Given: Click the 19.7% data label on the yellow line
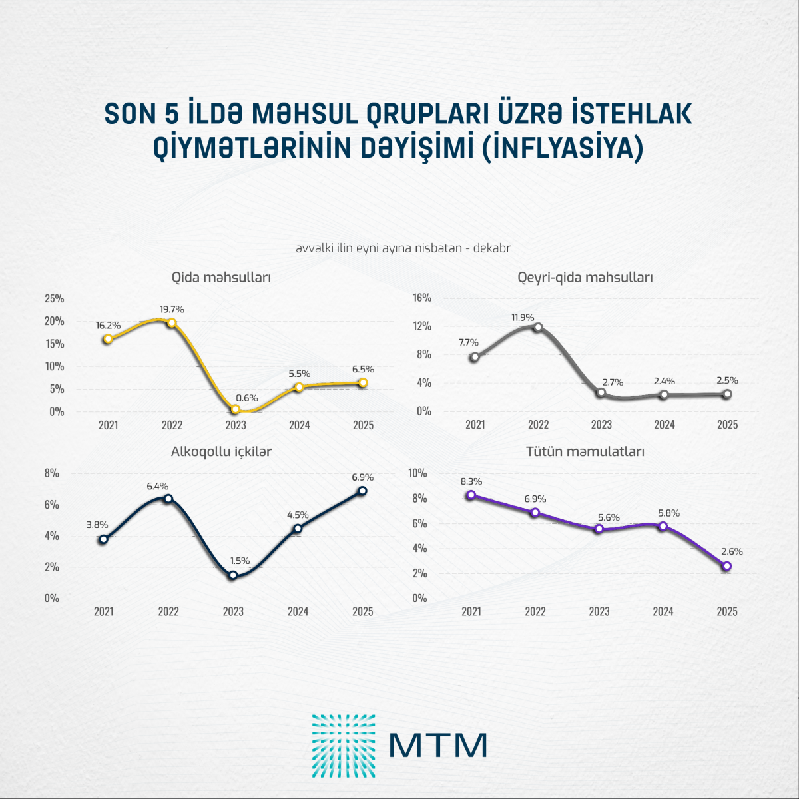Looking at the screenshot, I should pyautogui.click(x=172, y=310).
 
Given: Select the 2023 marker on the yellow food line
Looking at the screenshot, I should pyautogui.click(x=235, y=409).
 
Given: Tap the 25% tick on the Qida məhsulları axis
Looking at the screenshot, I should pyautogui.click(x=55, y=298).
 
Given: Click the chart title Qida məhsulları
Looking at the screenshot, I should pyautogui.click(x=221, y=277).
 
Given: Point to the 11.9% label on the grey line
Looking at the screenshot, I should pyautogui.click(x=523, y=318).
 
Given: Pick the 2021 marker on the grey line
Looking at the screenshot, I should pyautogui.click(x=474, y=357).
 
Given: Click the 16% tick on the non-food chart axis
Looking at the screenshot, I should pyautogui.click(x=422, y=298).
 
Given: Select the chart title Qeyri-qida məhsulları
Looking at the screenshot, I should pyautogui.click(x=585, y=277).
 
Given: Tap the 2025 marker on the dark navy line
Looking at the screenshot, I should pyautogui.click(x=362, y=491).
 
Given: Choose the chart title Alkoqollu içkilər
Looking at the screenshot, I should pyautogui.click(x=221, y=451).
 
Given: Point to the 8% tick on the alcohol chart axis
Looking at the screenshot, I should pyautogui.click(x=52, y=473).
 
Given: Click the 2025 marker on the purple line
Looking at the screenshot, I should pyautogui.click(x=727, y=566).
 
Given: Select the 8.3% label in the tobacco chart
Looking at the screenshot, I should pyautogui.click(x=471, y=481).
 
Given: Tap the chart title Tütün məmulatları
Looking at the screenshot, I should pyautogui.click(x=585, y=451).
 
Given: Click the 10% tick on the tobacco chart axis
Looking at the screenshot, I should pyautogui.click(x=417, y=473).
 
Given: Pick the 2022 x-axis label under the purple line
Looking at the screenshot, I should pyautogui.click(x=535, y=611).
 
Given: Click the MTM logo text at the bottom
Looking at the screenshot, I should pyautogui.click(x=437, y=746).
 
